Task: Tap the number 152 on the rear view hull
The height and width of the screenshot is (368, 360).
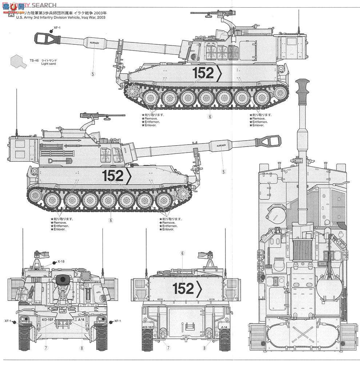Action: point(184,288)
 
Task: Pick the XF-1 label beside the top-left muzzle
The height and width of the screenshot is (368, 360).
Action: point(56,28)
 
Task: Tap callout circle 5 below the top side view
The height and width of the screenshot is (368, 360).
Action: point(93,74)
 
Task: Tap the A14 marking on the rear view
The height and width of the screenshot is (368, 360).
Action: point(224,327)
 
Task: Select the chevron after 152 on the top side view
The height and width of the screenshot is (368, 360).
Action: point(219,73)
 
